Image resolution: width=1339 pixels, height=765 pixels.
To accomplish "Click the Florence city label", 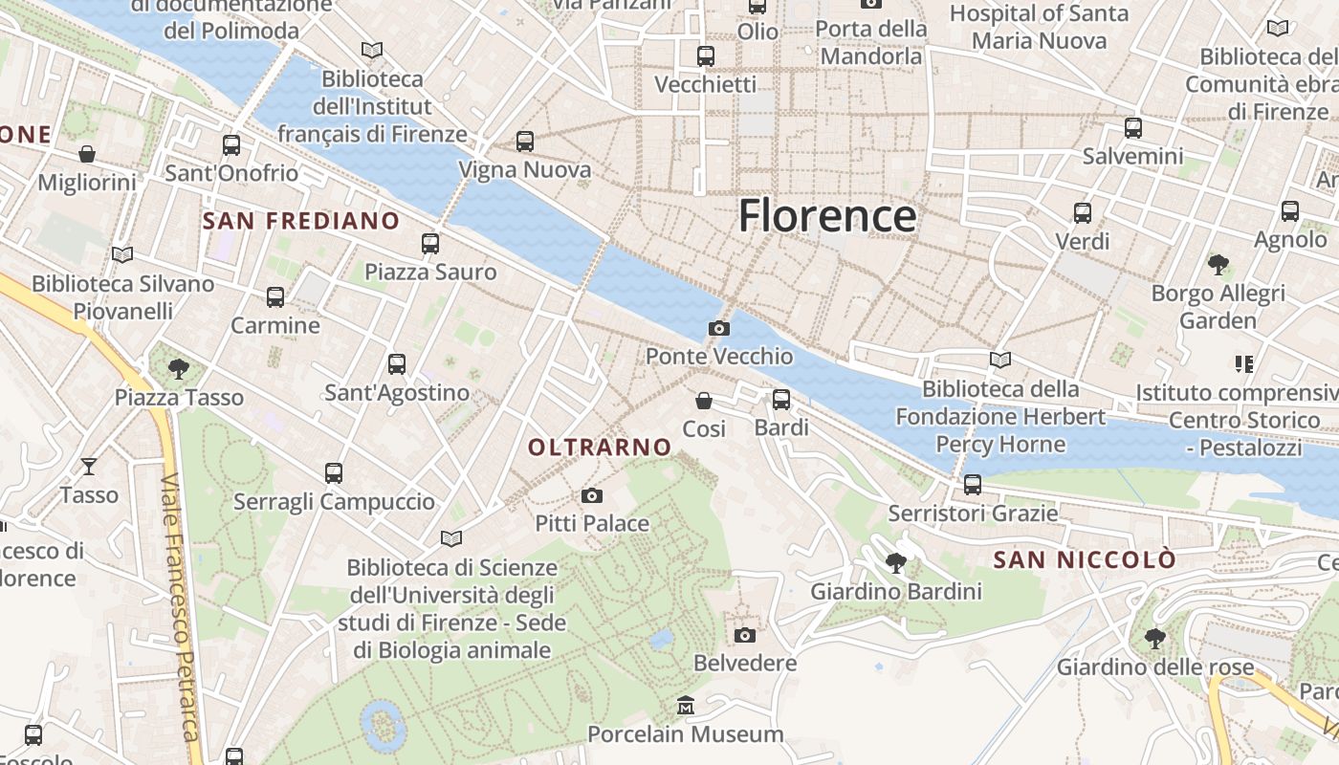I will (827, 216).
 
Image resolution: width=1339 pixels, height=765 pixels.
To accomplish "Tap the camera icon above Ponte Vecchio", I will (719, 329).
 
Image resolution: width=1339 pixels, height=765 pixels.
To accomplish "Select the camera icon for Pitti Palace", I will (592, 495).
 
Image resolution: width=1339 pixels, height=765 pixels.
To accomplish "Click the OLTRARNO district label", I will (600, 447).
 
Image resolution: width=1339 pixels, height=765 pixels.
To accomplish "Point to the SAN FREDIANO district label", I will (301, 221).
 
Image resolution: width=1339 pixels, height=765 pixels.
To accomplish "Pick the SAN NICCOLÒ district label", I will (1084, 559).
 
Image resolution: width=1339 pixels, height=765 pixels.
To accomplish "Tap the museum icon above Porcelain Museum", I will (685, 706).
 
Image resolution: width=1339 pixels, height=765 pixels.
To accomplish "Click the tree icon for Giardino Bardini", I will (896, 563).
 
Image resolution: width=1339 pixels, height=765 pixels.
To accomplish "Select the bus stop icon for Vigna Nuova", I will (525, 142).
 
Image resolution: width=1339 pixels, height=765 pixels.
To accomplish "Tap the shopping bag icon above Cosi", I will (704, 401).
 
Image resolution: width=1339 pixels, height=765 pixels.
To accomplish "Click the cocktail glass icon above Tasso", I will (89, 467).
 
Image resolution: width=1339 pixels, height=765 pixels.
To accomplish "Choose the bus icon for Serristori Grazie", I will (973, 485).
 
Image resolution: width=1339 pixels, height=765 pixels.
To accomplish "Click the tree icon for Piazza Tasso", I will (178, 368).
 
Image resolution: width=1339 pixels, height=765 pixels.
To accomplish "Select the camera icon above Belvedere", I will (744, 635).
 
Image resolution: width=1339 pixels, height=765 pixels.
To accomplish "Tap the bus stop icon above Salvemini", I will (1133, 127).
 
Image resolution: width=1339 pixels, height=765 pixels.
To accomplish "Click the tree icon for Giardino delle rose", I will (1154, 638).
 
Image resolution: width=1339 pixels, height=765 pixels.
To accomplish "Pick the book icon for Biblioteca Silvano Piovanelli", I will (121, 254).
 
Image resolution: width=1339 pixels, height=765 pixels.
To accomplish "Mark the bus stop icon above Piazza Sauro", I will (430, 244).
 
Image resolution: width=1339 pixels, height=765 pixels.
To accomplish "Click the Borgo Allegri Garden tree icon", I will (1218, 264).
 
